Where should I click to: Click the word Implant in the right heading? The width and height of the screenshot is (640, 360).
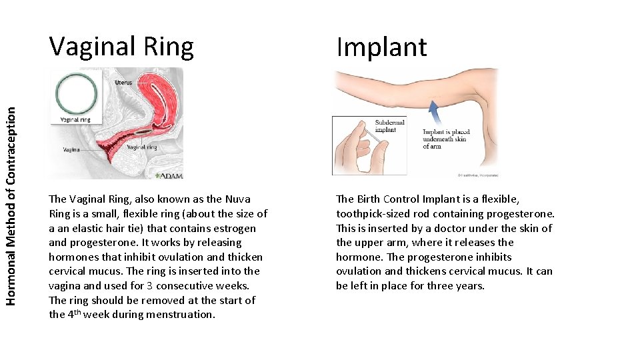(381, 47)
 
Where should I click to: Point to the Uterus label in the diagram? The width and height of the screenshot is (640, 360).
(123, 83)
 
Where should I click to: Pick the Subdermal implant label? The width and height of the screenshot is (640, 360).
(390, 126)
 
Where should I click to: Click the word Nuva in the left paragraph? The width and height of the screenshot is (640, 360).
(238, 199)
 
